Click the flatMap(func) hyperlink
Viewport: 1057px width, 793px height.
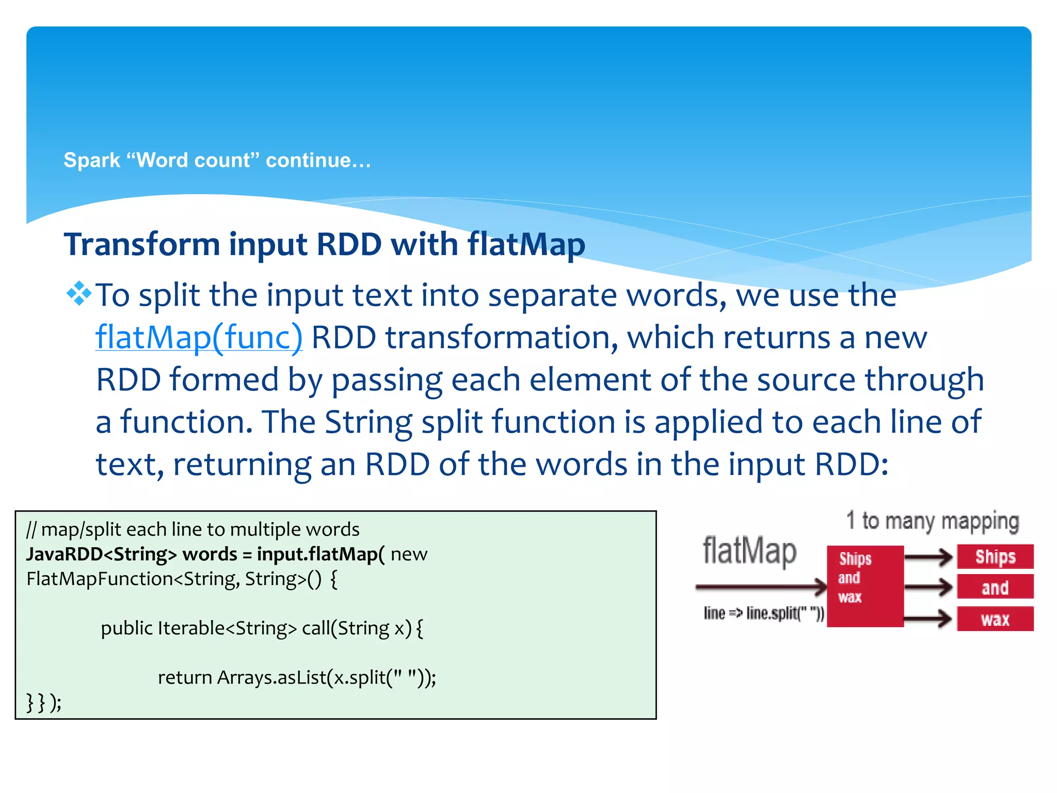tap(199, 338)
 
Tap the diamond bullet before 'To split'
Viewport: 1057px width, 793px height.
tap(79, 294)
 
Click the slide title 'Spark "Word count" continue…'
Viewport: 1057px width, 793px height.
tap(217, 160)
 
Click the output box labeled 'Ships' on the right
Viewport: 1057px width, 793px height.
tap(995, 557)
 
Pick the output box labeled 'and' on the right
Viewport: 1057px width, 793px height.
tap(995, 588)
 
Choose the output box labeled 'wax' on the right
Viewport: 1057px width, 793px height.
tap(995, 618)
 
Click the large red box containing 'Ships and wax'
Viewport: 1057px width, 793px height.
tap(865, 586)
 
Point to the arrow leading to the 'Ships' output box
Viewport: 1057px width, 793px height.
tap(928, 557)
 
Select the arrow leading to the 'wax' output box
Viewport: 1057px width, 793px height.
tap(928, 618)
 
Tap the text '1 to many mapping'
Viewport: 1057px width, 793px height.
tap(933, 521)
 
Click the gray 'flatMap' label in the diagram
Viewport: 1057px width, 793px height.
tap(749, 551)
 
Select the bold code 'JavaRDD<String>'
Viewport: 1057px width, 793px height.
tap(101, 554)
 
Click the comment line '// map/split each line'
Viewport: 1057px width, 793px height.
tap(193, 529)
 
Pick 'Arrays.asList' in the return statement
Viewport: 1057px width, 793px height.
tap(271, 677)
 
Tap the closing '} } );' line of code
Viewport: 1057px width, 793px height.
tap(44, 702)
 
